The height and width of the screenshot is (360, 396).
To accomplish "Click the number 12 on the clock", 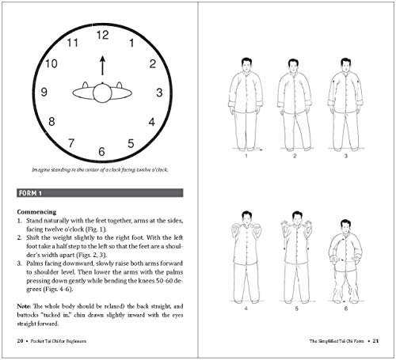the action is point(101,35).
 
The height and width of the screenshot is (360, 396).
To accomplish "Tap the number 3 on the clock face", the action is point(159,93).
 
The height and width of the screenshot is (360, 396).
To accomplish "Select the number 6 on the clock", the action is point(101,150).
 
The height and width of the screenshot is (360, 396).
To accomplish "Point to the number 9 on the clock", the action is point(44,93).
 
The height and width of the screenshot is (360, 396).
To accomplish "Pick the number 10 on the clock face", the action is point(51,64).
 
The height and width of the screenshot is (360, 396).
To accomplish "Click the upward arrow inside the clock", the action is point(101,65).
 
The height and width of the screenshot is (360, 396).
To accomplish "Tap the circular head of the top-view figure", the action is point(101,93).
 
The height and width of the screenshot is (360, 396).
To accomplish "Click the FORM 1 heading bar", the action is point(99,192).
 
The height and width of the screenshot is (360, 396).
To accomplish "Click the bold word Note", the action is point(24,304).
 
